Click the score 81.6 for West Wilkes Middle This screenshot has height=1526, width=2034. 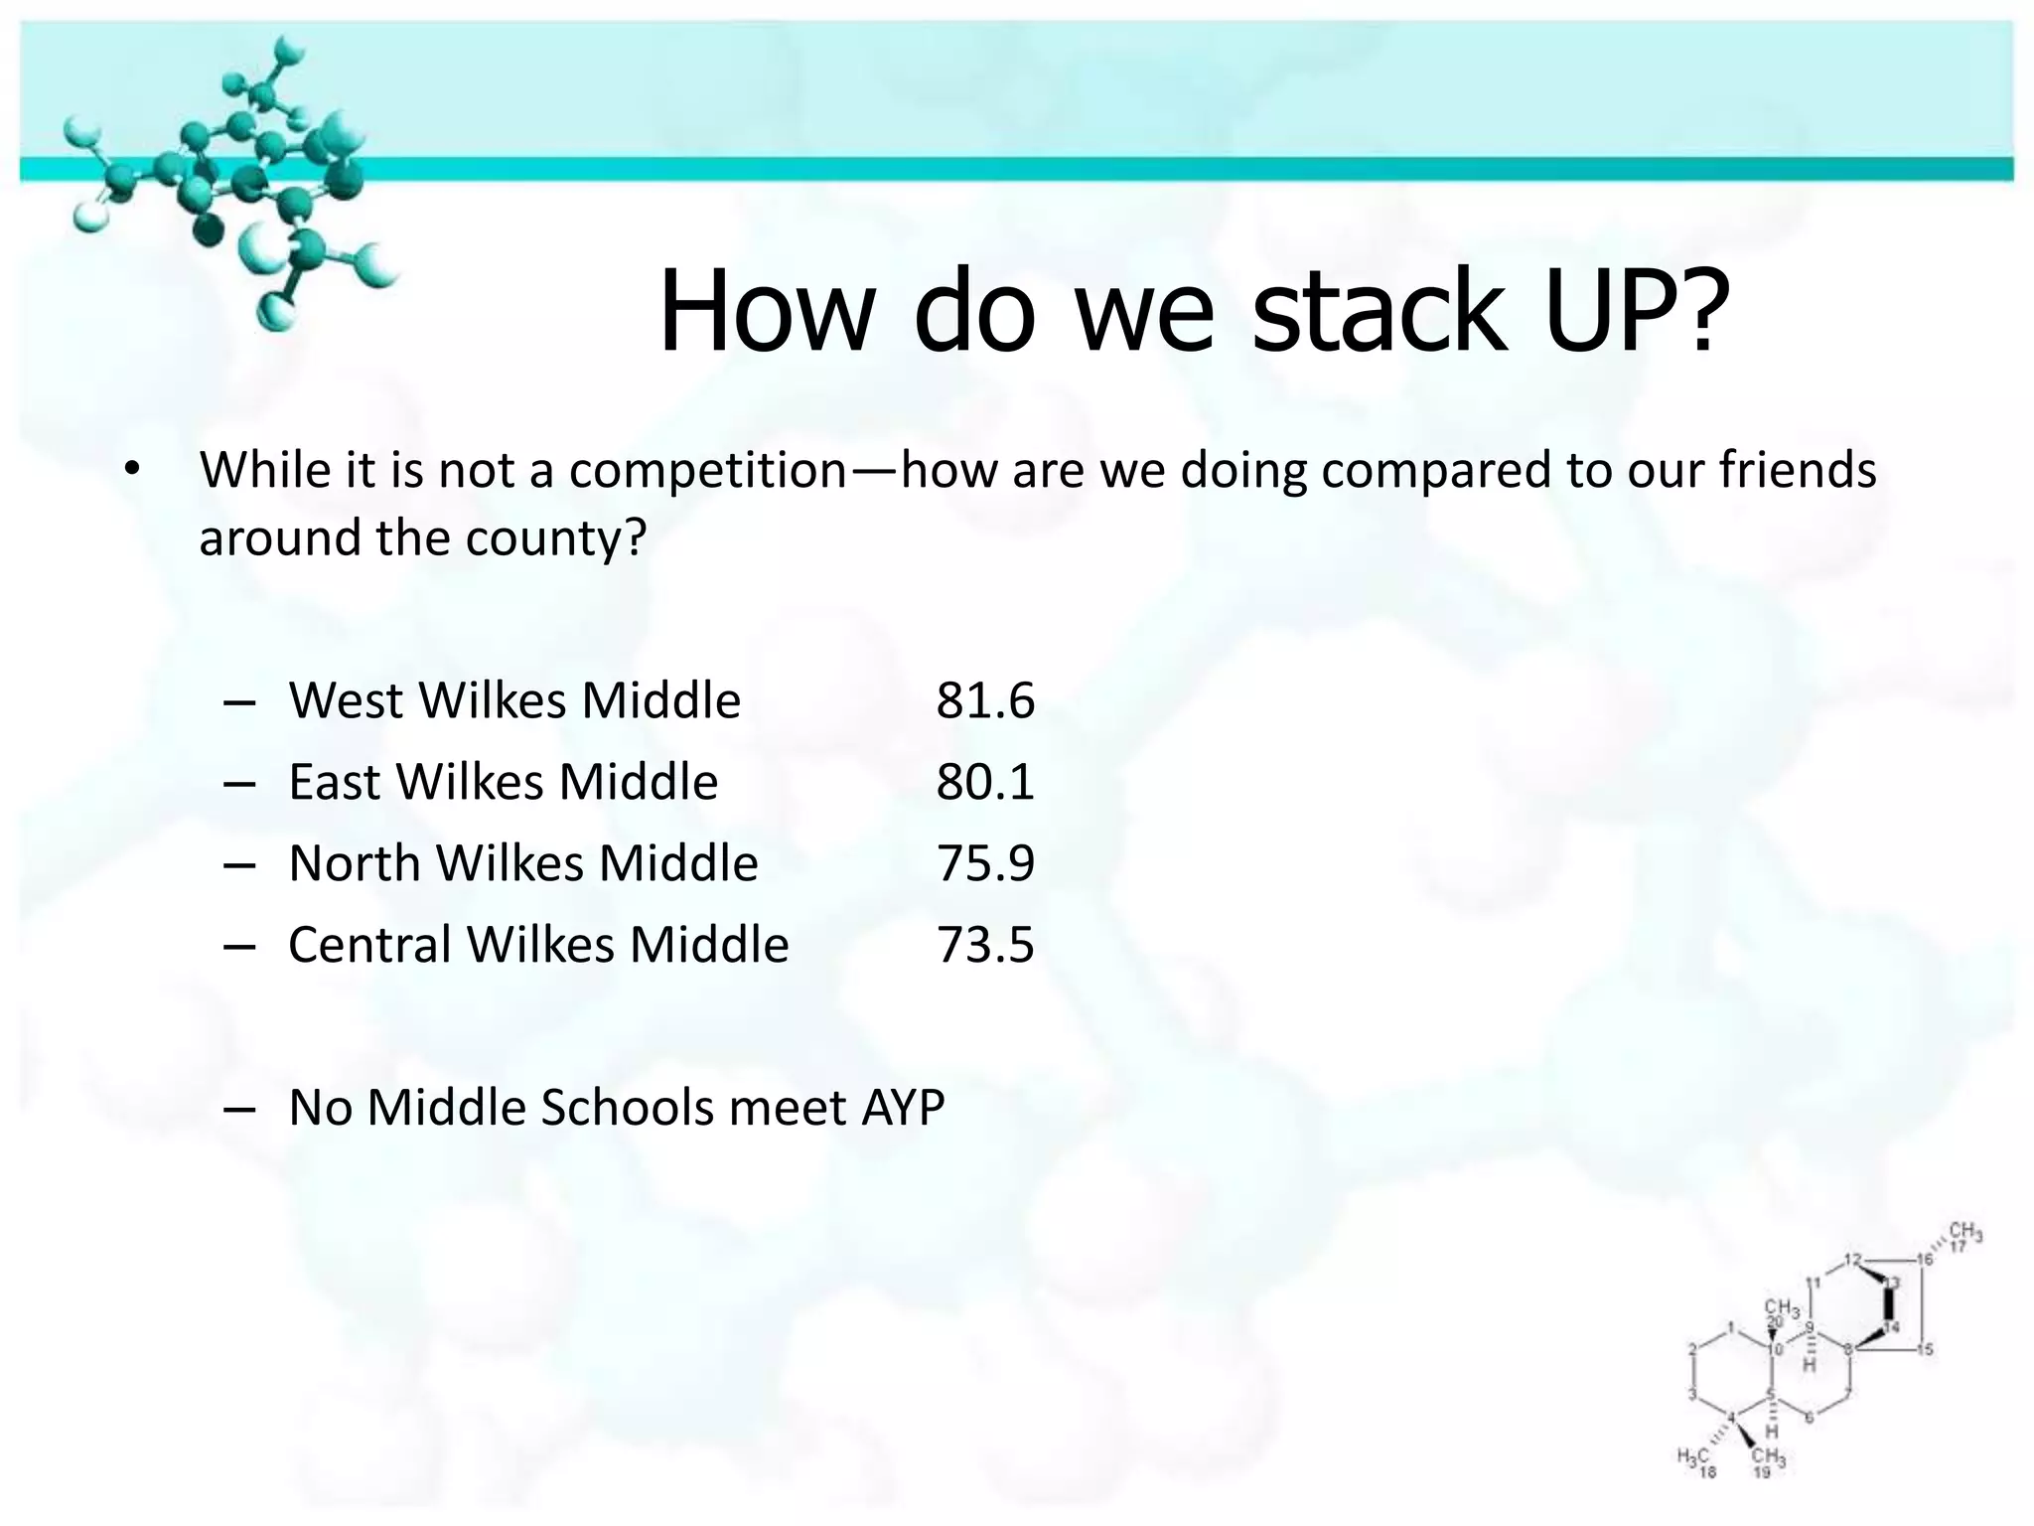[984, 701]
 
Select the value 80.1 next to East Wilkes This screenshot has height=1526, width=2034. [984, 783]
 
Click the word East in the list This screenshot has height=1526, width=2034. [334, 783]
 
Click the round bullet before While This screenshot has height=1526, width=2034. [133, 471]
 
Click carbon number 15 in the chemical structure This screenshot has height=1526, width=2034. [1925, 1349]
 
